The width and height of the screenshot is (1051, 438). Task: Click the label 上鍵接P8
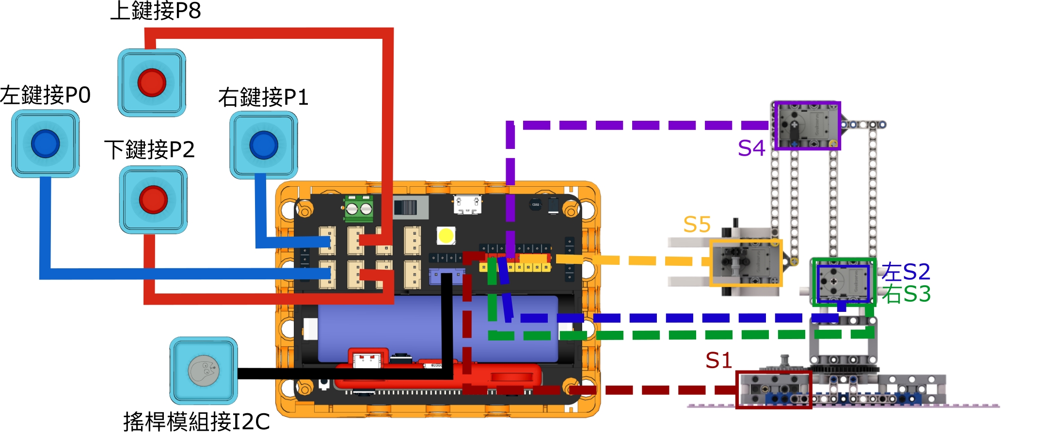[156, 11]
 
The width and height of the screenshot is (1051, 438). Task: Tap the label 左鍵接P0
[45, 95]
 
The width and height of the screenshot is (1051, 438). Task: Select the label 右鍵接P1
[263, 97]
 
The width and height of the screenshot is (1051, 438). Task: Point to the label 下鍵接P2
[149, 149]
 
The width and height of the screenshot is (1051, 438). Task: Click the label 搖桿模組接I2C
[196, 422]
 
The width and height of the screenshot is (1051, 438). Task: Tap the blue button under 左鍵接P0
[46, 144]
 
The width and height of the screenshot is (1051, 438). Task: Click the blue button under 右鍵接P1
[264, 145]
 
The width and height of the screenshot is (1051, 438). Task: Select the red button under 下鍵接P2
[153, 199]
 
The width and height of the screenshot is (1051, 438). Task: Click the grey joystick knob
[204, 371]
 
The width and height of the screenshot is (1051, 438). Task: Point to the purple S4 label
[751, 148]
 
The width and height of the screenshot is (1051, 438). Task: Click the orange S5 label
[697, 225]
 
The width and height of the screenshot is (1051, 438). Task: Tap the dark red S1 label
[718, 360]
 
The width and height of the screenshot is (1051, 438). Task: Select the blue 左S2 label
[906, 272]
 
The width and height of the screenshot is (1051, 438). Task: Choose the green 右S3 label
[906, 294]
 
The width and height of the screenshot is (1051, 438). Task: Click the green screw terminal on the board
[359, 208]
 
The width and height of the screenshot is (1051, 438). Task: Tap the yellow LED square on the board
[446, 236]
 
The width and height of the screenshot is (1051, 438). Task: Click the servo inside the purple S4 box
[807, 126]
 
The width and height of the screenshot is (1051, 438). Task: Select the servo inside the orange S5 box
[746, 262]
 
